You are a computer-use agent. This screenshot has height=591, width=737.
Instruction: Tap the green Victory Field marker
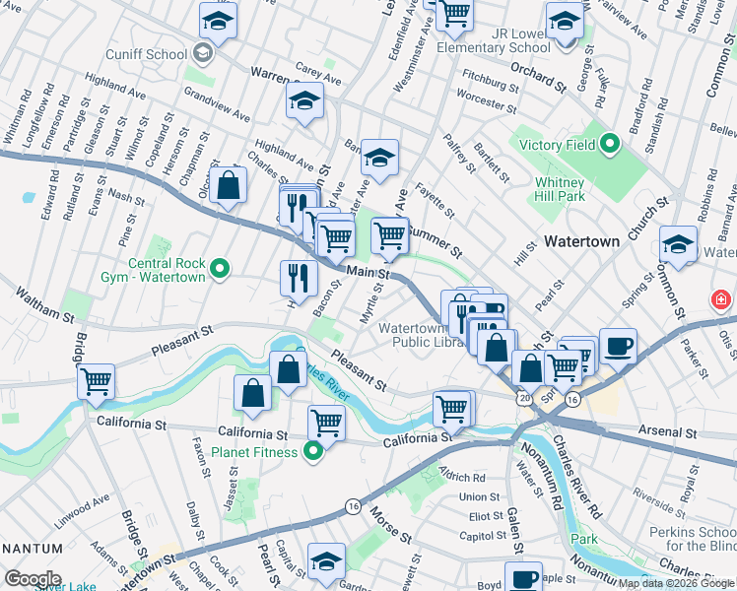coord(609,146)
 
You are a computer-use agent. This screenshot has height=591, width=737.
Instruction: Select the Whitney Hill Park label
coord(560,189)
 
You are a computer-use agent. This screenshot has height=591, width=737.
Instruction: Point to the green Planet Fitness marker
coord(313,452)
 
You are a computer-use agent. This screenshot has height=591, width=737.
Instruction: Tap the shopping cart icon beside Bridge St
coord(96,380)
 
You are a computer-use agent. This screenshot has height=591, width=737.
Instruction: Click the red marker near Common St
coord(722,299)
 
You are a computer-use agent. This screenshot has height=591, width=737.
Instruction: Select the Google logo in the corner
coord(33,579)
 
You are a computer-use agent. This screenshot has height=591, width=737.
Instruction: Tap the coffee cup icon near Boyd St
coord(523,577)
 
